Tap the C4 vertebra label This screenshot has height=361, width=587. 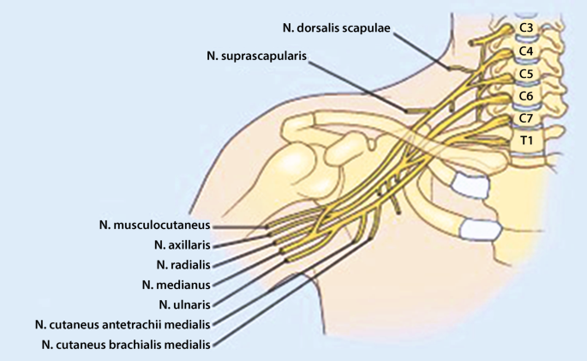[x=526, y=51]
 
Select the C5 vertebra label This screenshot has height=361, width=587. [x=526, y=74]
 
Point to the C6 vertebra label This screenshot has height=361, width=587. [x=526, y=95]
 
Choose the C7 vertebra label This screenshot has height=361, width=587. [x=526, y=117]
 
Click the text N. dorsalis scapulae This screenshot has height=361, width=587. [x=336, y=28]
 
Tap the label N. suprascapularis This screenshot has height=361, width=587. [x=256, y=56]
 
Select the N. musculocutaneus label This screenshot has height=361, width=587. [x=154, y=226]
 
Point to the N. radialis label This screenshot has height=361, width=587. [x=182, y=265]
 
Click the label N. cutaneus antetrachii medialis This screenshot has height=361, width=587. [x=123, y=324]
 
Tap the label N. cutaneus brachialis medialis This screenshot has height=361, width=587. [x=125, y=344]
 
